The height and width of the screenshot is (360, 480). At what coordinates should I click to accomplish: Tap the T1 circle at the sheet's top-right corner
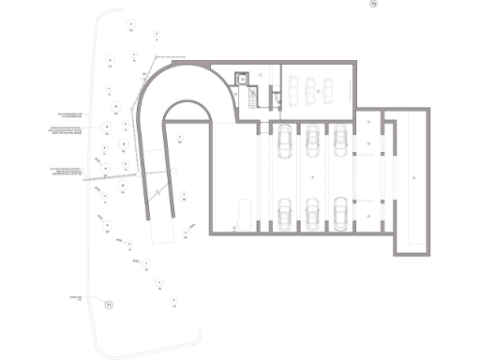pyautogui.click(x=372, y=6)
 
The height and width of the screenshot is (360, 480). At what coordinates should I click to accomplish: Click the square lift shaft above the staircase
pyautogui.click(x=242, y=80)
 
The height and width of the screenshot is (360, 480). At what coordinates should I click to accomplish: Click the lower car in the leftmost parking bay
pyautogui.click(x=282, y=213)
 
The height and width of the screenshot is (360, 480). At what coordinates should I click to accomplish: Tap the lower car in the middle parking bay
pyautogui.click(x=311, y=213)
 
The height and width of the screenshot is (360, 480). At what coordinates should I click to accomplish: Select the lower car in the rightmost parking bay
pyautogui.click(x=340, y=213)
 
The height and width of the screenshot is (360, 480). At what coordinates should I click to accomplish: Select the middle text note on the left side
pyautogui.click(x=77, y=130)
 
